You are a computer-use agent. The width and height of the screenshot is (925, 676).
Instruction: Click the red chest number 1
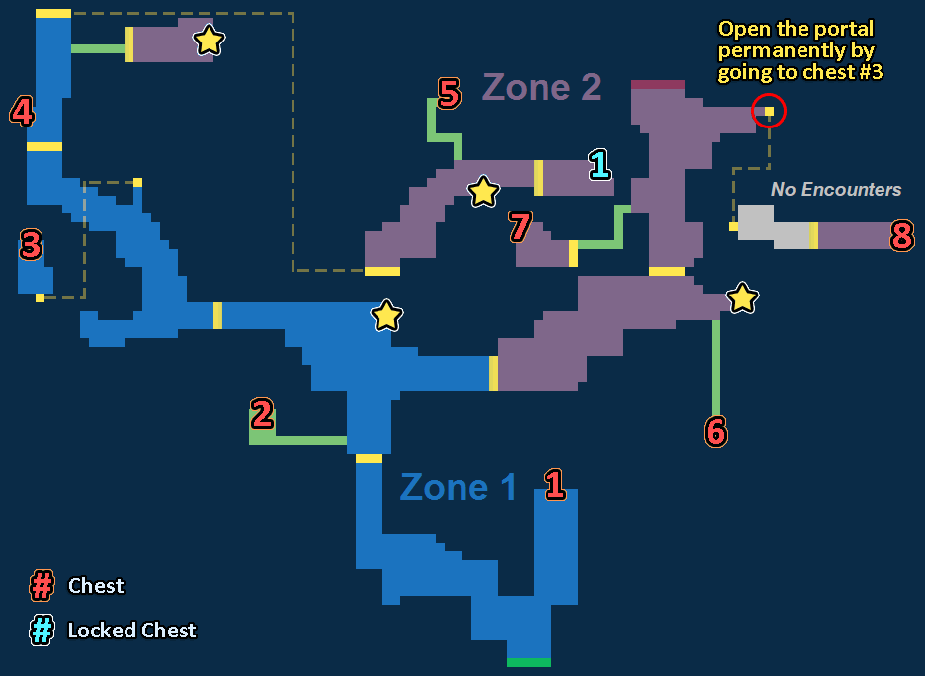554,484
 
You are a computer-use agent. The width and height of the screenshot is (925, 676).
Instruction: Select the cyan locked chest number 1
599,164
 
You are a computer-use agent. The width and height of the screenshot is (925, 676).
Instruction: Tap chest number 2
262,414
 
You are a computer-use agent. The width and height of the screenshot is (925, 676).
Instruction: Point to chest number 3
31,245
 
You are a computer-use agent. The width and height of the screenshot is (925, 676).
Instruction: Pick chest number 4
22,112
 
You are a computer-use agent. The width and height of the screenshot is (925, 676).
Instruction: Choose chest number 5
449,94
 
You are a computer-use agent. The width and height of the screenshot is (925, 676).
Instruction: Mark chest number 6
715,431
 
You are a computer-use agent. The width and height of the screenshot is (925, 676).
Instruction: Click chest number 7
520,226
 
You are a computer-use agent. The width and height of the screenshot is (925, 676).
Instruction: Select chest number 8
901,236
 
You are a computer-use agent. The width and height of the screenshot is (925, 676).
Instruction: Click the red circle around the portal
769,111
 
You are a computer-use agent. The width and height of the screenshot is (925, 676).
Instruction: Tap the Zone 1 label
458,487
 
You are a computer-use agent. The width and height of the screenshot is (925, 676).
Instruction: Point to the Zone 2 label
542,87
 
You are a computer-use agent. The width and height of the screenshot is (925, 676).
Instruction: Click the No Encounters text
836,189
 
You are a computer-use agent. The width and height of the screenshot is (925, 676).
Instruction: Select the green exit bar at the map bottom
529,662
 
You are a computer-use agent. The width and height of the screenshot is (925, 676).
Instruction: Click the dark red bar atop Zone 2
658,85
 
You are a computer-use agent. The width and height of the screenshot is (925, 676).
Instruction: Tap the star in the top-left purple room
209,41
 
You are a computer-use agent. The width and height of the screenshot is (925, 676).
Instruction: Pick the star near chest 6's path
742,297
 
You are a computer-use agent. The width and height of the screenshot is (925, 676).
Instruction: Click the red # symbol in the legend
42,586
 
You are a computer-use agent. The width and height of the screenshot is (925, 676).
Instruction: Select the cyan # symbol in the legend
42,631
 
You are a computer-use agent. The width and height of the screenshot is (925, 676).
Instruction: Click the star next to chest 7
482,191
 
